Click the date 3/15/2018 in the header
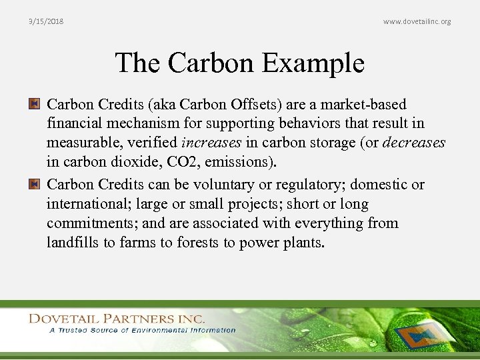click(46, 21)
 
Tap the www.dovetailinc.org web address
click(417, 21)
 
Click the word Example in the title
click(313, 63)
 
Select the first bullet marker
click(34, 104)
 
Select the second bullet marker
click(34, 184)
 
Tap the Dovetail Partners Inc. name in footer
click(117, 319)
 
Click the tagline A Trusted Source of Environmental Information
click(141, 330)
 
